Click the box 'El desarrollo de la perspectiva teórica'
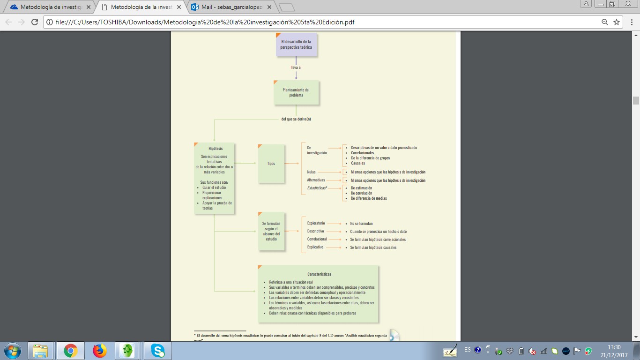pyautogui.click(x=296, y=45)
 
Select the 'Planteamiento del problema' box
pyautogui.click(x=296, y=92)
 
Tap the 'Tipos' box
pyautogui.click(x=271, y=164)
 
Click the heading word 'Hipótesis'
pyautogui.click(x=216, y=149)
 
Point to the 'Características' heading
pyautogui.click(x=319, y=274)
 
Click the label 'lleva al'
pyautogui.click(x=296, y=67)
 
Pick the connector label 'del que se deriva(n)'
pyautogui.click(x=296, y=119)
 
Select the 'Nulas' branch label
pyautogui.click(x=311, y=172)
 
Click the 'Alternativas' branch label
pyautogui.click(x=316, y=180)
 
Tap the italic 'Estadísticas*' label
pyautogui.click(x=317, y=188)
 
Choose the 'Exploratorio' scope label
pyautogui.click(x=316, y=223)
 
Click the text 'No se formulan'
pyautogui.click(x=361, y=224)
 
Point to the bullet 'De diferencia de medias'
pyautogui.click(x=369, y=198)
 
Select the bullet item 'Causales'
pyautogui.click(x=357, y=163)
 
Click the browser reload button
pyautogui.click(x=34, y=22)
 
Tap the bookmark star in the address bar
pyautogui.click(x=617, y=22)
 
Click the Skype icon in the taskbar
pyautogui.click(x=158, y=350)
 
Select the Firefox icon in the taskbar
pyautogui.click(x=99, y=350)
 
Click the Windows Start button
pyautogui.click(x=12, y=350)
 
